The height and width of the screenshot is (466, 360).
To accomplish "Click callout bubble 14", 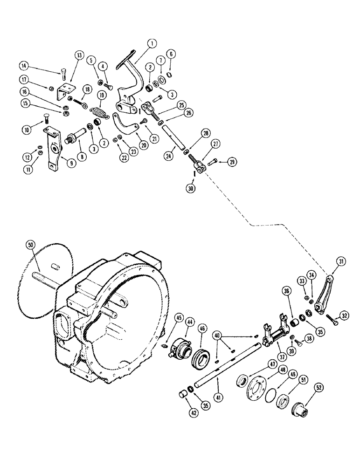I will (24, 66).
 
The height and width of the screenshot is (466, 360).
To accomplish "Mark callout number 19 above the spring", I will (102, 96).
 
